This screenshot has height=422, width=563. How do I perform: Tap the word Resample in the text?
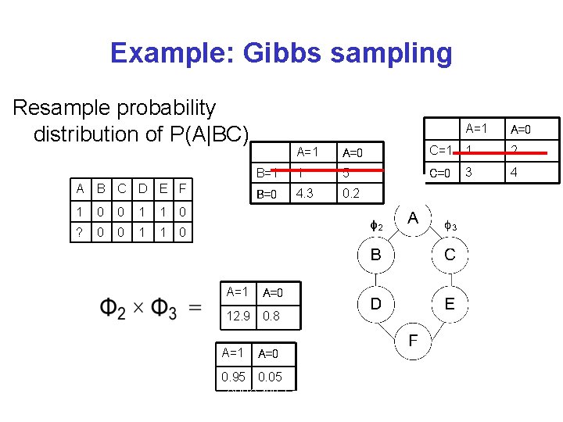(65, 107)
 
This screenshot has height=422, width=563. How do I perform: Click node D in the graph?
(375, 304)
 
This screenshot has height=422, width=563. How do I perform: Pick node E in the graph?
(449, 304)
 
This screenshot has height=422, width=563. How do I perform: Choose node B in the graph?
(375, 254)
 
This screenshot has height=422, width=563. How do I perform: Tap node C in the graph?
(449, 254)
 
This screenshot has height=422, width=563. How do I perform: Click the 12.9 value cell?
(238, 316)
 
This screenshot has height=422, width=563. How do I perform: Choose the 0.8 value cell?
(272, 316)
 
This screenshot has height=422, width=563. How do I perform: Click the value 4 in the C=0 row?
(515, 172)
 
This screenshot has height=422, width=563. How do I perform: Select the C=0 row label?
(440, 172)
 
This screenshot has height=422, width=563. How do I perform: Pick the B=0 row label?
(267, 194)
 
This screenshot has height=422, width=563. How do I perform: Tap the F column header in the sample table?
(181, 188)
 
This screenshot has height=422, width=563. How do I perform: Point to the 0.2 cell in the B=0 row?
(351, 194)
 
